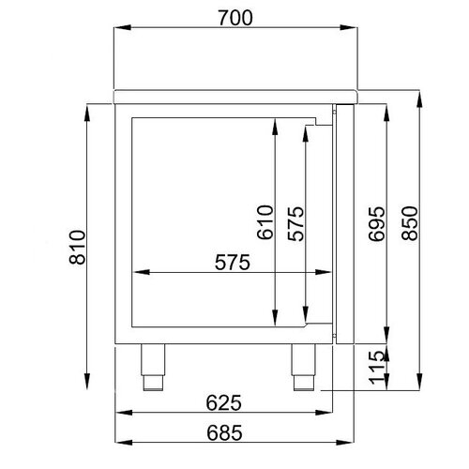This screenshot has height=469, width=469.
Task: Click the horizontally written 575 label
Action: coord(230,264)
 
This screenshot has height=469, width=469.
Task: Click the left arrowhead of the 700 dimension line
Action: coord(118,29)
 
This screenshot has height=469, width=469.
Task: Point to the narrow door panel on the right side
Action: coord(342,220)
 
